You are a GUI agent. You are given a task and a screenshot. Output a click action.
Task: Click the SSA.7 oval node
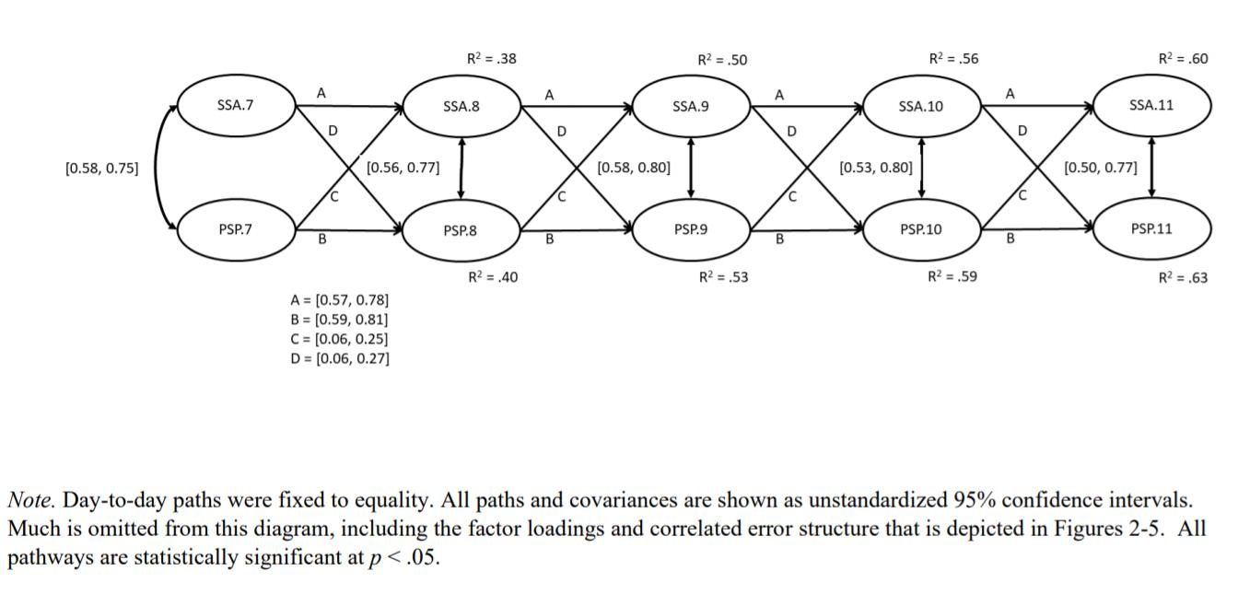(235, 106)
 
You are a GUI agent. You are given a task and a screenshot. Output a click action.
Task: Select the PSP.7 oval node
(235, 229)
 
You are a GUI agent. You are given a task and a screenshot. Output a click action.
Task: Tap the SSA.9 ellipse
(691, 107)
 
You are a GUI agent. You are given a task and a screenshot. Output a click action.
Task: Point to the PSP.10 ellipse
(921, 229)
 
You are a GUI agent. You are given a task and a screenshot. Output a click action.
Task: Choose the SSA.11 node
(1151, 105)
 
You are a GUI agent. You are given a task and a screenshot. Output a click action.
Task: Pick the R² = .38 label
(491, 59)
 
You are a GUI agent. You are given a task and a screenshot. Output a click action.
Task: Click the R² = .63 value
(1183, 277)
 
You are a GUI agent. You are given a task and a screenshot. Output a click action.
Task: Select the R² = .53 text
(723, 277)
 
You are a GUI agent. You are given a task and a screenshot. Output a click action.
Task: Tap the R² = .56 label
(953, 59)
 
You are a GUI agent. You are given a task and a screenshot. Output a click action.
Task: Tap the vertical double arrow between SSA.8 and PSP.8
(461, 168)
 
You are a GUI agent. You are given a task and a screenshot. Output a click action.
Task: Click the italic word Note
(31, 501)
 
